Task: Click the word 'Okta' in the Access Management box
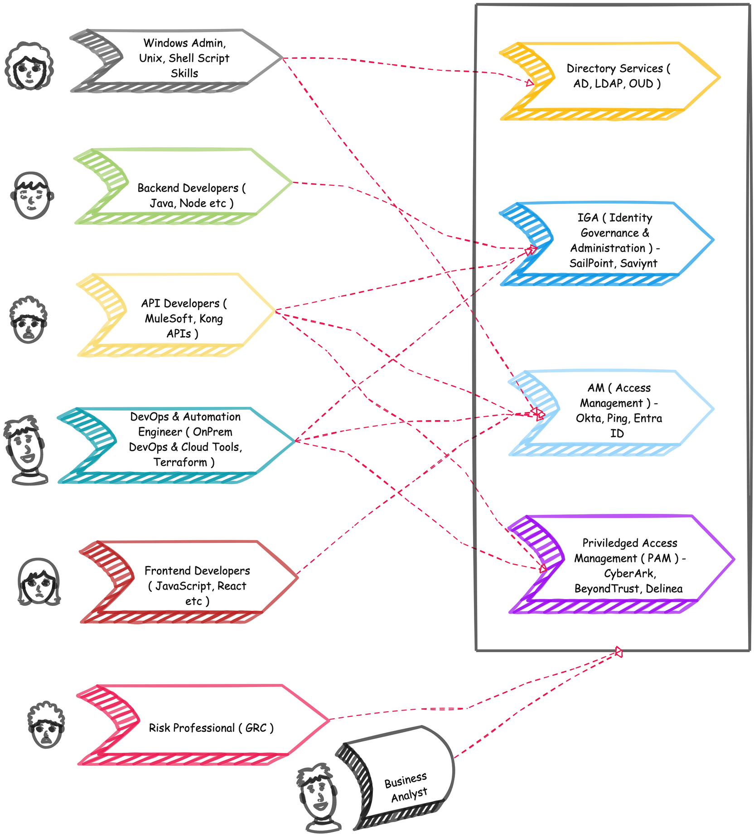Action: pos(589,418)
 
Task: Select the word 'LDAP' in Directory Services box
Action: pos(609,84)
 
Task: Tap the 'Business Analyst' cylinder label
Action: pos(406,787)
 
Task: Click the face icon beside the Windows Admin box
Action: pos(29,66)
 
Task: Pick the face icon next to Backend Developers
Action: pos(32,195)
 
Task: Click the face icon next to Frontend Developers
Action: pos(39,581)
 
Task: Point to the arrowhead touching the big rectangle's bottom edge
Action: pos(619,652)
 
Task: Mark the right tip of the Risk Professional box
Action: pos(328,720)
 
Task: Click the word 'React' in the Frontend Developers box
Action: pos(232,586)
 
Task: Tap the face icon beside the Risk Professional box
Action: pos(46,725)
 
